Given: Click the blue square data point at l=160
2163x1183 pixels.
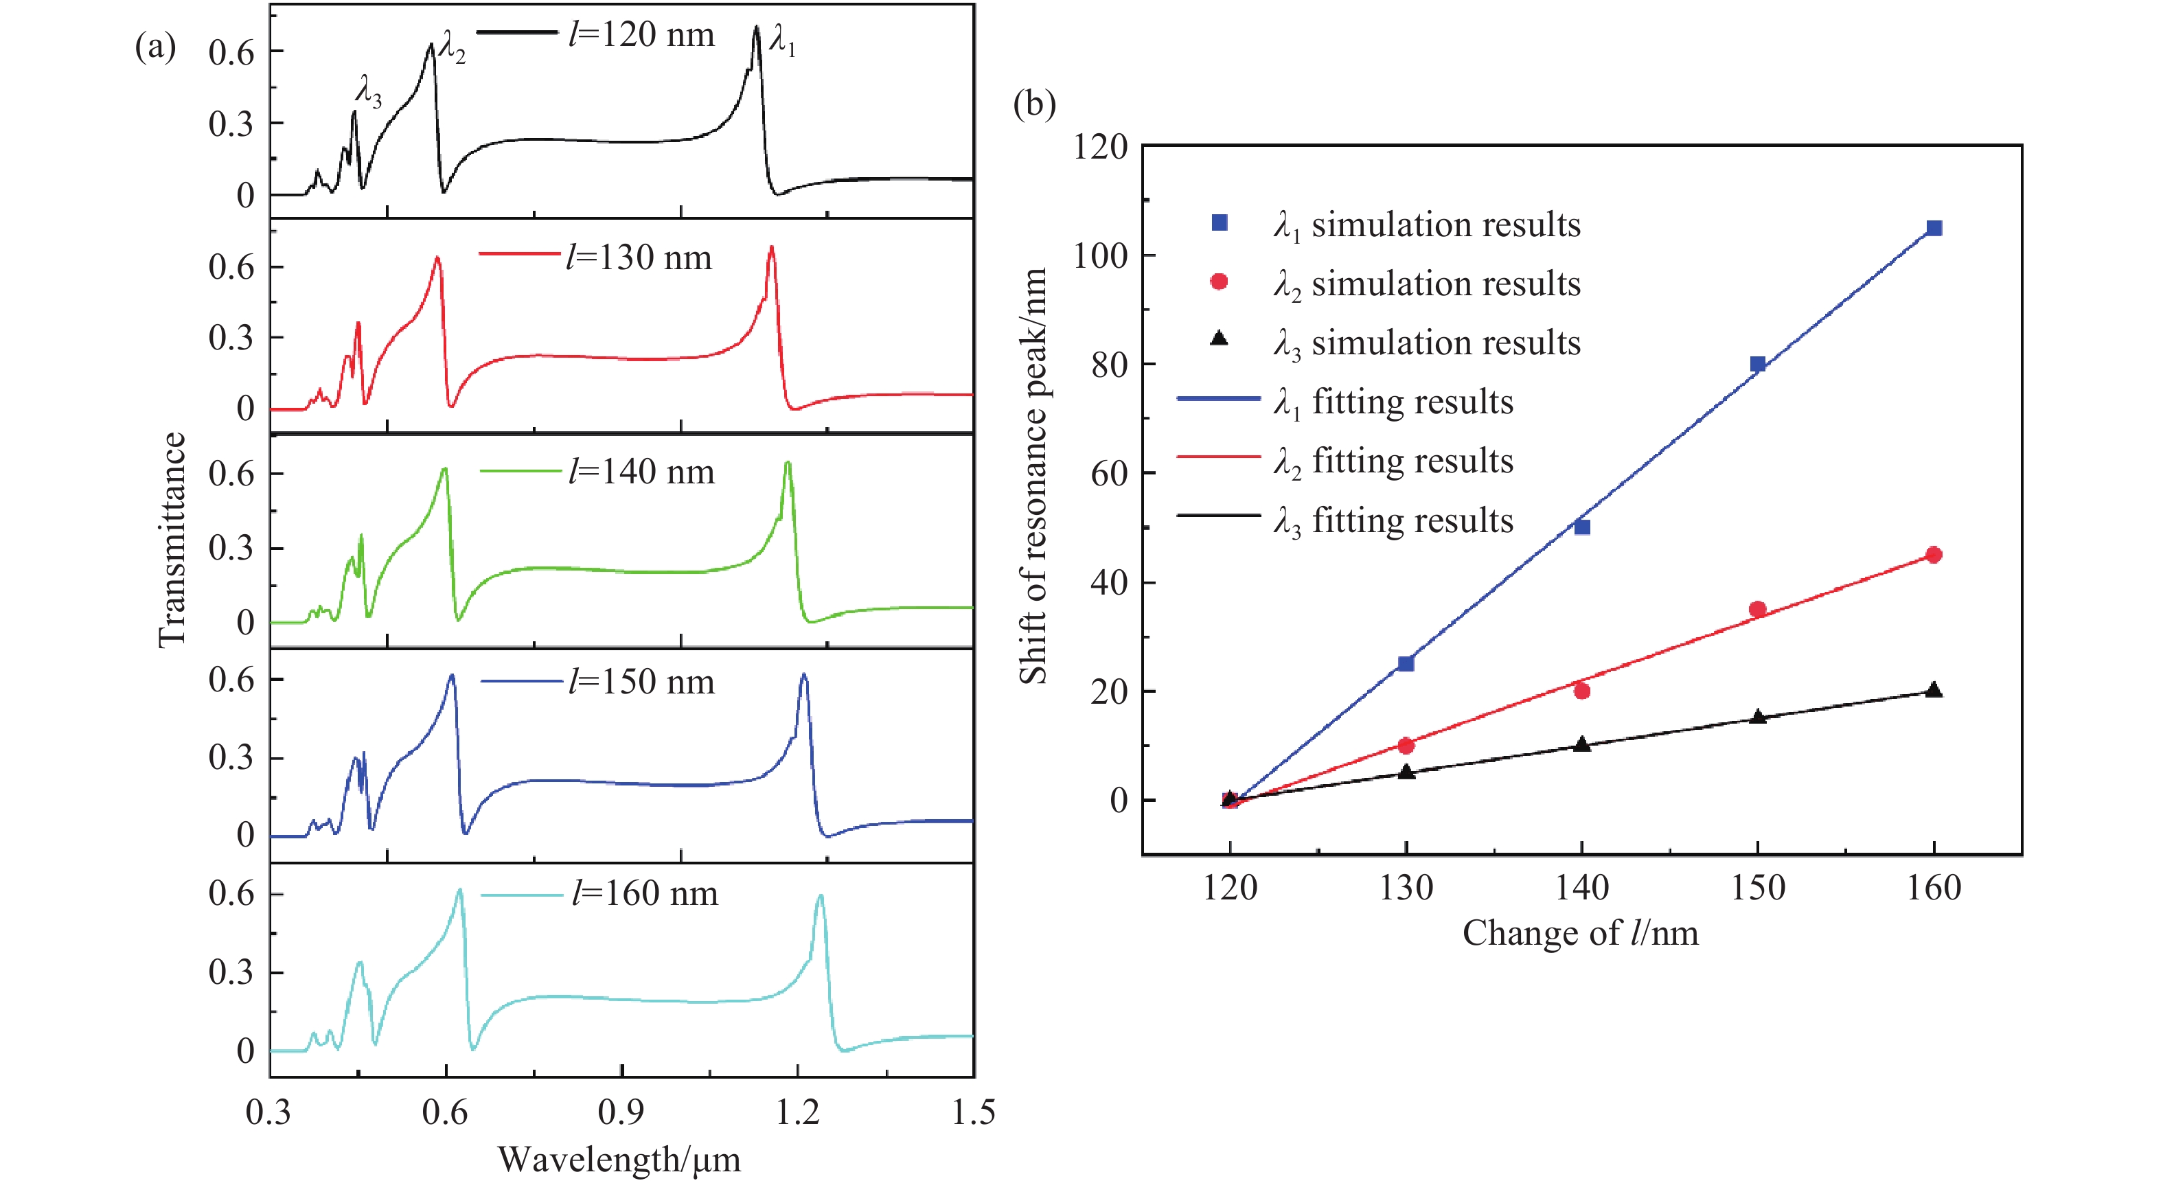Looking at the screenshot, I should point(1934,229).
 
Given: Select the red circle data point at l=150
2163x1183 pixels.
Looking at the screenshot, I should point(1757,609).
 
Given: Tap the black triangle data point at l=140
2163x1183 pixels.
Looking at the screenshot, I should point(1582,744).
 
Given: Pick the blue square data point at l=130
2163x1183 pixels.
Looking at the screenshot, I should point(1406,663).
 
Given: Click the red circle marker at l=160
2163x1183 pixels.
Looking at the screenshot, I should point(1934,554).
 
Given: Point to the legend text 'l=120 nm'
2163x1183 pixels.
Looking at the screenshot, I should point(641,34).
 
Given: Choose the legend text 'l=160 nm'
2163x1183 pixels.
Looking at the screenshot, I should point(644,893).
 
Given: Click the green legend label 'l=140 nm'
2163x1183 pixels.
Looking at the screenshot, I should point(641,472).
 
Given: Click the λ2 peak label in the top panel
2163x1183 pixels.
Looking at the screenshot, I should point(453,47).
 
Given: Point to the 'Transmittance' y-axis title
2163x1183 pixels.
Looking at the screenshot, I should point(172,539).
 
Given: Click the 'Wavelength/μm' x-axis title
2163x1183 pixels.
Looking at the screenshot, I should point(619,1160).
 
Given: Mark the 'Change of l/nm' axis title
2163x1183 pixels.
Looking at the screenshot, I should point(1580,934).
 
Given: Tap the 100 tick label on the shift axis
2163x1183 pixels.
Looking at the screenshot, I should point(1100,255).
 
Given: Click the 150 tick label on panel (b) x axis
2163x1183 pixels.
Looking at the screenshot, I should point(1757,888).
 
